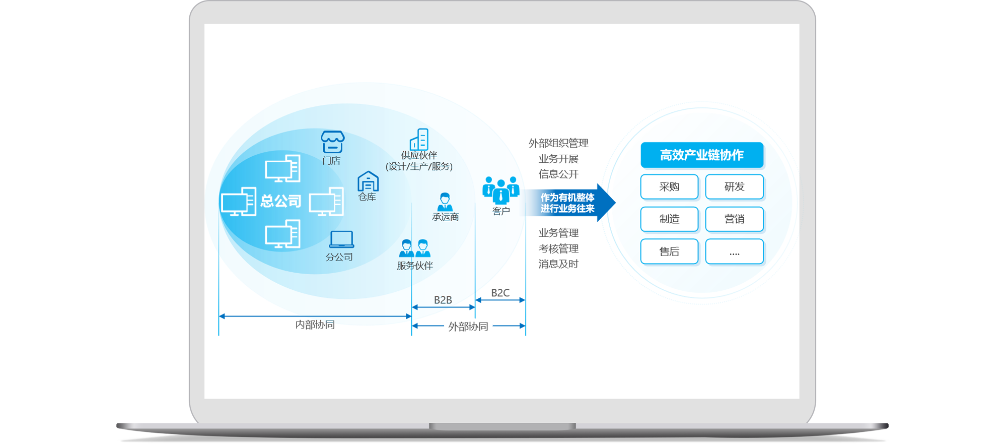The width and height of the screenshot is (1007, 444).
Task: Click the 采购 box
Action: point(669,187)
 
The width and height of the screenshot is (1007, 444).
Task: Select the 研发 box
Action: point(734,187)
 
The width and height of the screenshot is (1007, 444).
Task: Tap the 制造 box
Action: point(669,219)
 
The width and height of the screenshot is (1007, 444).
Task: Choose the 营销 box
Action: point(734,219)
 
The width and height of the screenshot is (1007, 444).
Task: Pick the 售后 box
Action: point(669,251)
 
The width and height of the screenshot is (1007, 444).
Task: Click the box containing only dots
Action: point(734,251)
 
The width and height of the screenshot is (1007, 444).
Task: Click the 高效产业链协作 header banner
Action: point(701,155)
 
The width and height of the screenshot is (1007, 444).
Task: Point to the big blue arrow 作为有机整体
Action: point(569,203)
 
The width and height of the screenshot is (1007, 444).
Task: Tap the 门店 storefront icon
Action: point(332,142)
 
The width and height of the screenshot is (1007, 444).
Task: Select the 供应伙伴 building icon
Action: point(419,139)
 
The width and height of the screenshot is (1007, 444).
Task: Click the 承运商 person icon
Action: point(445,202)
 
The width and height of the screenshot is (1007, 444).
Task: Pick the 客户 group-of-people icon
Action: point(500,190)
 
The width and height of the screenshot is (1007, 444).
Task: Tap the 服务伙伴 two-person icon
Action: point(414,248)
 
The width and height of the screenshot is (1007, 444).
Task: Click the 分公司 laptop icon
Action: point(341,239)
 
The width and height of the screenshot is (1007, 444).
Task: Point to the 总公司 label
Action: point(281,202)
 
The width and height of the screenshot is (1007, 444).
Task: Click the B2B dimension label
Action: point(443,300)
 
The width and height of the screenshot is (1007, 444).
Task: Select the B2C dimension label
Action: point(500,293)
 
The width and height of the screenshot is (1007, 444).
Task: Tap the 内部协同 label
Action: point(315,325)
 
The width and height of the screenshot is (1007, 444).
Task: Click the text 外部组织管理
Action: point(558,143)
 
